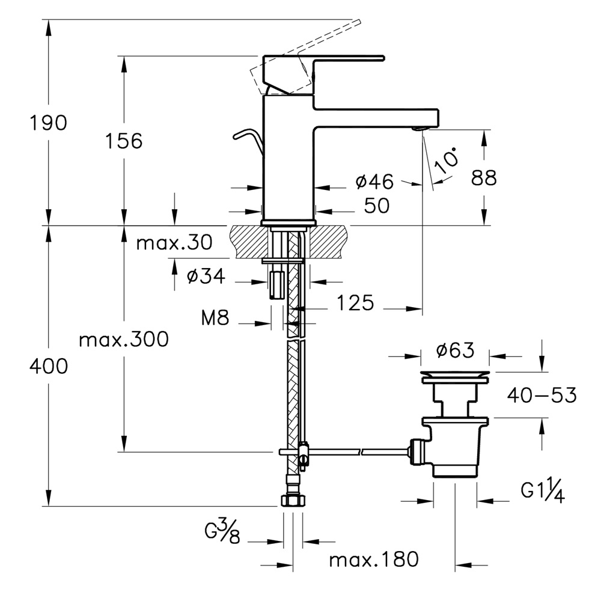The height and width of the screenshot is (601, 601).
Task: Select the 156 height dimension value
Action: (124, 141)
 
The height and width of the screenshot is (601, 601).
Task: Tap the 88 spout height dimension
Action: (484, 178)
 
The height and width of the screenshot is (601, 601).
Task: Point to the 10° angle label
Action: (448, 158)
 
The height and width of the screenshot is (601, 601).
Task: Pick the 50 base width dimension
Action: (376, 206)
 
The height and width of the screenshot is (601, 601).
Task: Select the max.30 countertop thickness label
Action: (174, 243)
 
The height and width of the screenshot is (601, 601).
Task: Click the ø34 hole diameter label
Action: (206, 276)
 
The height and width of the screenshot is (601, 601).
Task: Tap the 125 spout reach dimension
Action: (354, 303)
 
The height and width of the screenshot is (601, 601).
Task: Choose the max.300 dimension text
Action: (124, 340)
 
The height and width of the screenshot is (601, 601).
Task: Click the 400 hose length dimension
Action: (49, 365)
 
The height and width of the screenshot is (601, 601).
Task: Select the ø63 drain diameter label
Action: (455, 350)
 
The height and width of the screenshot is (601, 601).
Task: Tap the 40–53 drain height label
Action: (542, 395)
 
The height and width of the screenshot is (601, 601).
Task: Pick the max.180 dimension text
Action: (373, 560)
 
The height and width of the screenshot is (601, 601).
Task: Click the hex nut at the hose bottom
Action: (293, 500)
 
